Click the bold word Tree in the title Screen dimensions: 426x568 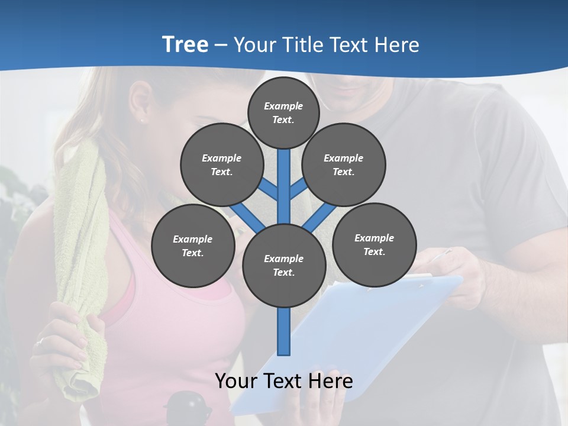tap(185, 44)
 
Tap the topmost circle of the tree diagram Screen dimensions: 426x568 tap(283, 112)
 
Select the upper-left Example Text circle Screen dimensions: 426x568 tap(221, 164)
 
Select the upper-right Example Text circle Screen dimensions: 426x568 tap(343, 164)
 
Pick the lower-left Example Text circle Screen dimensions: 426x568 tap(192, 246)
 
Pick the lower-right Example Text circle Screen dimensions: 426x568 tap(374, 244)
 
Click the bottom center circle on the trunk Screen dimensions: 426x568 tap(283, 265)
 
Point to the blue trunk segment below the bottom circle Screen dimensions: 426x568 tap(283, 331)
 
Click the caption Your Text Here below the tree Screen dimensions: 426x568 tap(283, 380)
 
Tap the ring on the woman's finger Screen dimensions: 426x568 tap(40, 341)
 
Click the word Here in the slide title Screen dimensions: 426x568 tap(397, 44)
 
